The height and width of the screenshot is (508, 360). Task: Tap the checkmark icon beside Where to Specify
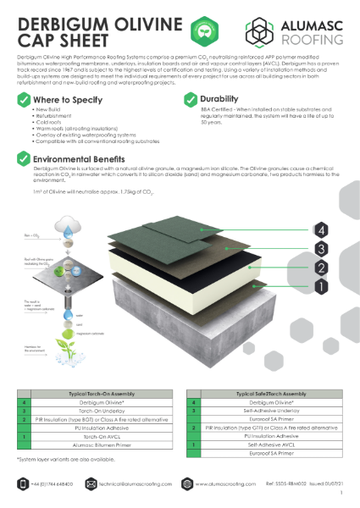tap(24, 99)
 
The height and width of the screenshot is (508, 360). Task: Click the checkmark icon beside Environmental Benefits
tap(24, 157)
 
